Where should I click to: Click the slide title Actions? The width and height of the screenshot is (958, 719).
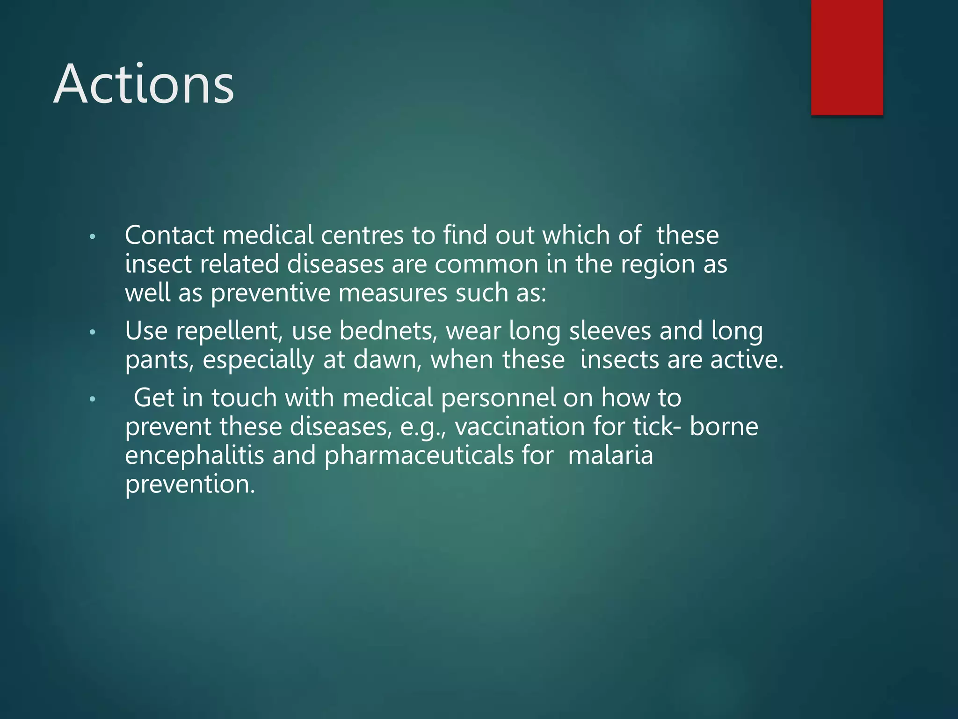coord(144,84)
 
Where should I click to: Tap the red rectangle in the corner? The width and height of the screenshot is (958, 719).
coord(847,57)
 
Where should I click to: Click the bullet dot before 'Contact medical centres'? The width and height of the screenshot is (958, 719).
coord(93,237)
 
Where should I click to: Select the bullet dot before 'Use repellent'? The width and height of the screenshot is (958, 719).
coord(93,332)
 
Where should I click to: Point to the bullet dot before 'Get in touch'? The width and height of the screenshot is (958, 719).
coord(93,399)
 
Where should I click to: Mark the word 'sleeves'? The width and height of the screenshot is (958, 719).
coord(610,331)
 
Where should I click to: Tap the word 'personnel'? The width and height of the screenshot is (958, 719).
coord(498,398)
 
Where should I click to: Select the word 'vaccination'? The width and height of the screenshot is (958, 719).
coord(519,427)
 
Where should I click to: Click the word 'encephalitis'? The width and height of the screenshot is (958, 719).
coord(195,455)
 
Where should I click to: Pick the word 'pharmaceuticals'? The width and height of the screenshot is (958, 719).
coord(419,455)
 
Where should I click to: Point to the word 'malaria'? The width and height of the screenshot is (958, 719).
coord(610,455)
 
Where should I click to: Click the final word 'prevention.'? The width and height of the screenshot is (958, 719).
coord(190,484)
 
